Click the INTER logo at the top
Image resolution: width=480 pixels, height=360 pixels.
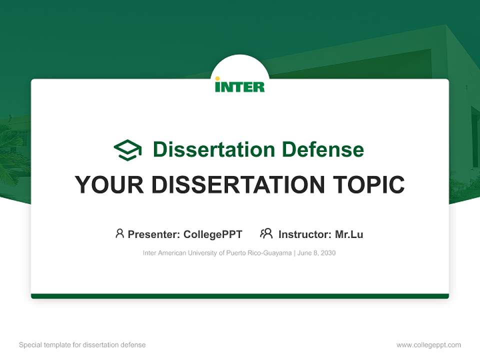[240, 85]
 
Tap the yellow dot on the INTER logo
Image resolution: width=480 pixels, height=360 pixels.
[217, 78]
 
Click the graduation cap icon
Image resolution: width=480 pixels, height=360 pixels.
[128, 150]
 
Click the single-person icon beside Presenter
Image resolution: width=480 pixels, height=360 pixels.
[119, 233]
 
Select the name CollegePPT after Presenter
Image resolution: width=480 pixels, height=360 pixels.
[212, 234]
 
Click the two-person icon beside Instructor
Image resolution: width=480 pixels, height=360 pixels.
[266, 233]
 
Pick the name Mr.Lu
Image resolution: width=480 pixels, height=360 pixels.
[349, 234]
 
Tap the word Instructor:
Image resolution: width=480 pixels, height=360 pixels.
[304, 234]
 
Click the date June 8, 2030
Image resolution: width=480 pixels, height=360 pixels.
[316, 253]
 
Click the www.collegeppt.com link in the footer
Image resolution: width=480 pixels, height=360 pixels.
[428, 345]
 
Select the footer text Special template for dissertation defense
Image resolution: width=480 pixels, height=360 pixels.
[82, 345]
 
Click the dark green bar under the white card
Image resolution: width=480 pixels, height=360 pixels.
[240, 296]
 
